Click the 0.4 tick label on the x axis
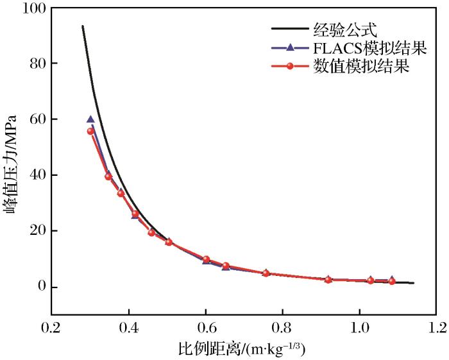130,328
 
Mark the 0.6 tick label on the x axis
206,328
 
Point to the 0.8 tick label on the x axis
283,328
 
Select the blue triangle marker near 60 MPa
90,119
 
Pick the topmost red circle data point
90,131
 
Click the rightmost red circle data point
392,281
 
